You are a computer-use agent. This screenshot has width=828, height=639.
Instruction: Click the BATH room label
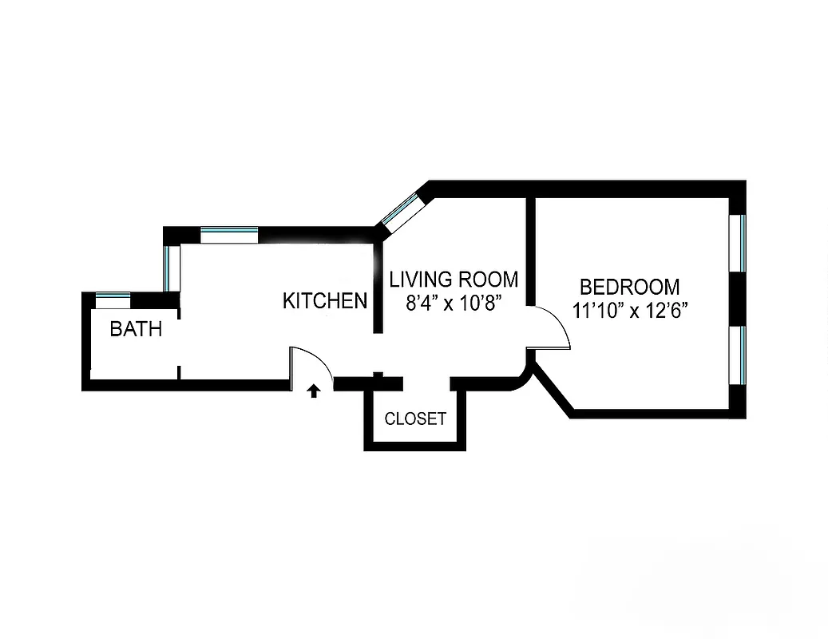(x=136, y=328)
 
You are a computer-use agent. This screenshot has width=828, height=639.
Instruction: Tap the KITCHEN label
(x=325, y=301)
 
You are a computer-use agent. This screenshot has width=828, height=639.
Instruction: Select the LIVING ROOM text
(x=453, y=280)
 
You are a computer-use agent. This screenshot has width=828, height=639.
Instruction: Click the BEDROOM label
(x=630, y=287)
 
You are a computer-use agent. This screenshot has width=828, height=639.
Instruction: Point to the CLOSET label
(x=415, y=419)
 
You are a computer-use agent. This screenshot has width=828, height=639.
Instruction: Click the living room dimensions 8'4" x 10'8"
(x=453, y=304)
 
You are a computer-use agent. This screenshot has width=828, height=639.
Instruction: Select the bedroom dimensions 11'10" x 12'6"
(x=630, y=310)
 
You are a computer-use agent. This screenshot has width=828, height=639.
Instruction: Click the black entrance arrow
(x=315, y=391)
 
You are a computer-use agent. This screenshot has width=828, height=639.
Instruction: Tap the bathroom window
(x=113, y=300)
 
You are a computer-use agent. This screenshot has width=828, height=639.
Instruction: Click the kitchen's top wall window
(x=229, y=235)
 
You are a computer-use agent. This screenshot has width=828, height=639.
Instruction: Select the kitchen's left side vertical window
(x=168, y=268)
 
